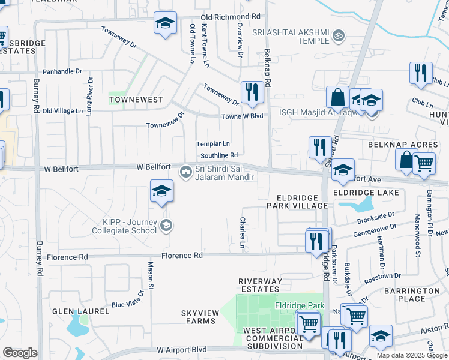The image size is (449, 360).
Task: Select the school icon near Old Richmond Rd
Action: [x=165, y=24]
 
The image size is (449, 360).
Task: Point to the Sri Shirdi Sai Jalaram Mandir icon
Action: [x=186, y=173]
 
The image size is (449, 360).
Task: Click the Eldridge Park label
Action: [x=300, y=306]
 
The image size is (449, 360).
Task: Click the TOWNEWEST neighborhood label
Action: [x=128, y=97]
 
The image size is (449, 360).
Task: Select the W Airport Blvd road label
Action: [x=182, y=349]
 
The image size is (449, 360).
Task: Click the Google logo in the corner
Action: [x=20, y=353]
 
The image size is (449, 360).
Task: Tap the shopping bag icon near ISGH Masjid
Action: [x=338, y=97]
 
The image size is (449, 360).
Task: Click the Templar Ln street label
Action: [x=213, y=144]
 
